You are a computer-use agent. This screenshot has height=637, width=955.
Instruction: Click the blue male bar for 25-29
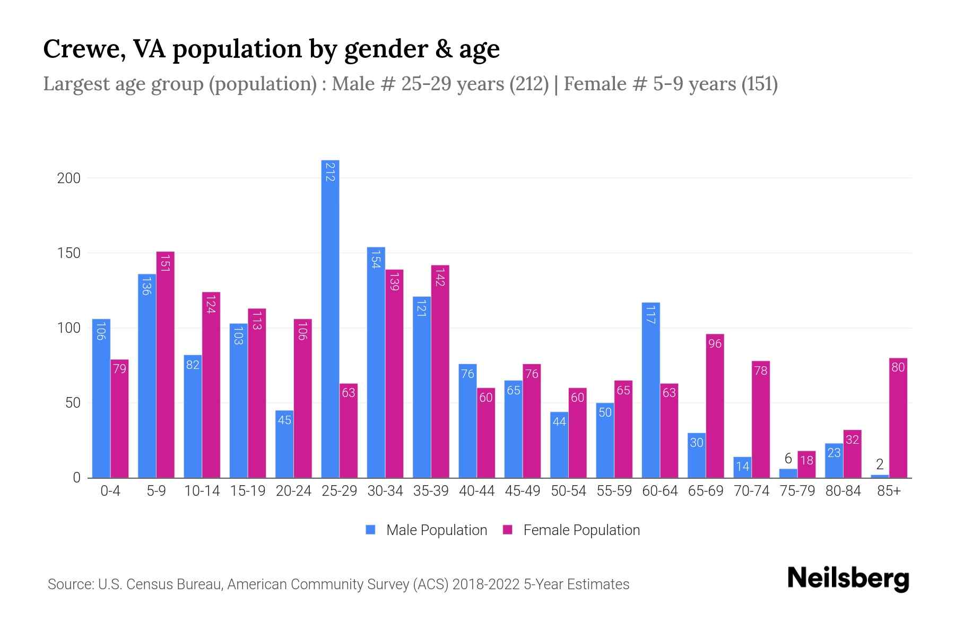[330, 318]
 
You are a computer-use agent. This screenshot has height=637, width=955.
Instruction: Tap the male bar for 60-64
[650, 390]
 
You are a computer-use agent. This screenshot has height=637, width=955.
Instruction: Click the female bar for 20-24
[302, 398]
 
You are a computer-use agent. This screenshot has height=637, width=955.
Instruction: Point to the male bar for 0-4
[101, 398]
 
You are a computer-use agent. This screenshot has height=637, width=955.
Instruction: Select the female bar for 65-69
[715, 406]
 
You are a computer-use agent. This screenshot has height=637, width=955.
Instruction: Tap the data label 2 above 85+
[880, 465]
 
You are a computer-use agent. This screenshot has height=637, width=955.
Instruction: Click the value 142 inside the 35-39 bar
[440, 278]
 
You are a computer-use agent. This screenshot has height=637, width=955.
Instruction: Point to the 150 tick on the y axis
[69, 253]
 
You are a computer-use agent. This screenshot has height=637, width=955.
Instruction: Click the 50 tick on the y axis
[73, 403]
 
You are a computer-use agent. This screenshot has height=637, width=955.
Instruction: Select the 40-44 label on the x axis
[476, 491]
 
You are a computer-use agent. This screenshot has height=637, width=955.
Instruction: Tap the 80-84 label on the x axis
[843, 491]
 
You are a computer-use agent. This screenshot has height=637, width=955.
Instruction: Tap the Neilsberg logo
[848, 579]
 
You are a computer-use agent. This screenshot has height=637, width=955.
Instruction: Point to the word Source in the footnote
[70, 584]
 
